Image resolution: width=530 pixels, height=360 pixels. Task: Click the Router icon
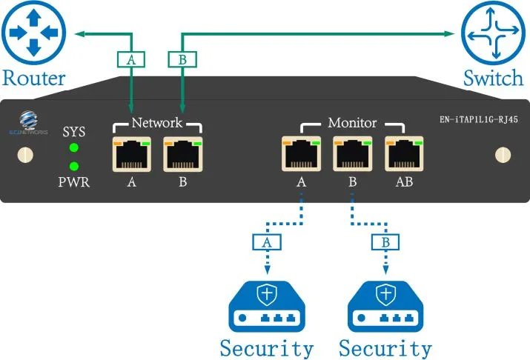pyautogui.click(x=33, y=33)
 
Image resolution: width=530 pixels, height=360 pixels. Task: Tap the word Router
pyautogui.click(x=34, y=77)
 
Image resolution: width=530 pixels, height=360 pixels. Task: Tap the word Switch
pyautogui.click(x=493, y=77)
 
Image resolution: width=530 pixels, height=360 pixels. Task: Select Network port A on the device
pyautogui.click(x=131, y=154)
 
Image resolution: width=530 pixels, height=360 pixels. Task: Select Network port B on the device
pyautogui.click(x=182, y=154)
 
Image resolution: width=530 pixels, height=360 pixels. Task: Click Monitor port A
pyautogui.click(x=301, y=154)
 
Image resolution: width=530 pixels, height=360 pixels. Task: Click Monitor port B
pyautogui.click(x=352, y=154)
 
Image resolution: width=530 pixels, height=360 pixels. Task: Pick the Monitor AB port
pyautogui.click(x=403, y=154)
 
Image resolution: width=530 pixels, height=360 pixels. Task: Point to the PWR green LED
pyautogui.click(x=73, y=166)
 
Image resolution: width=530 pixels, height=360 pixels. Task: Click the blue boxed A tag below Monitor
pyautogui.click(x=266, y=241)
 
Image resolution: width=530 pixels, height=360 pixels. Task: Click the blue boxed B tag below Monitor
pyautogui.click(x=385, y=241)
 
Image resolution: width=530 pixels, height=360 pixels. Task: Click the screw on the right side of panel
pyautogui.click(x=502, y=154)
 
